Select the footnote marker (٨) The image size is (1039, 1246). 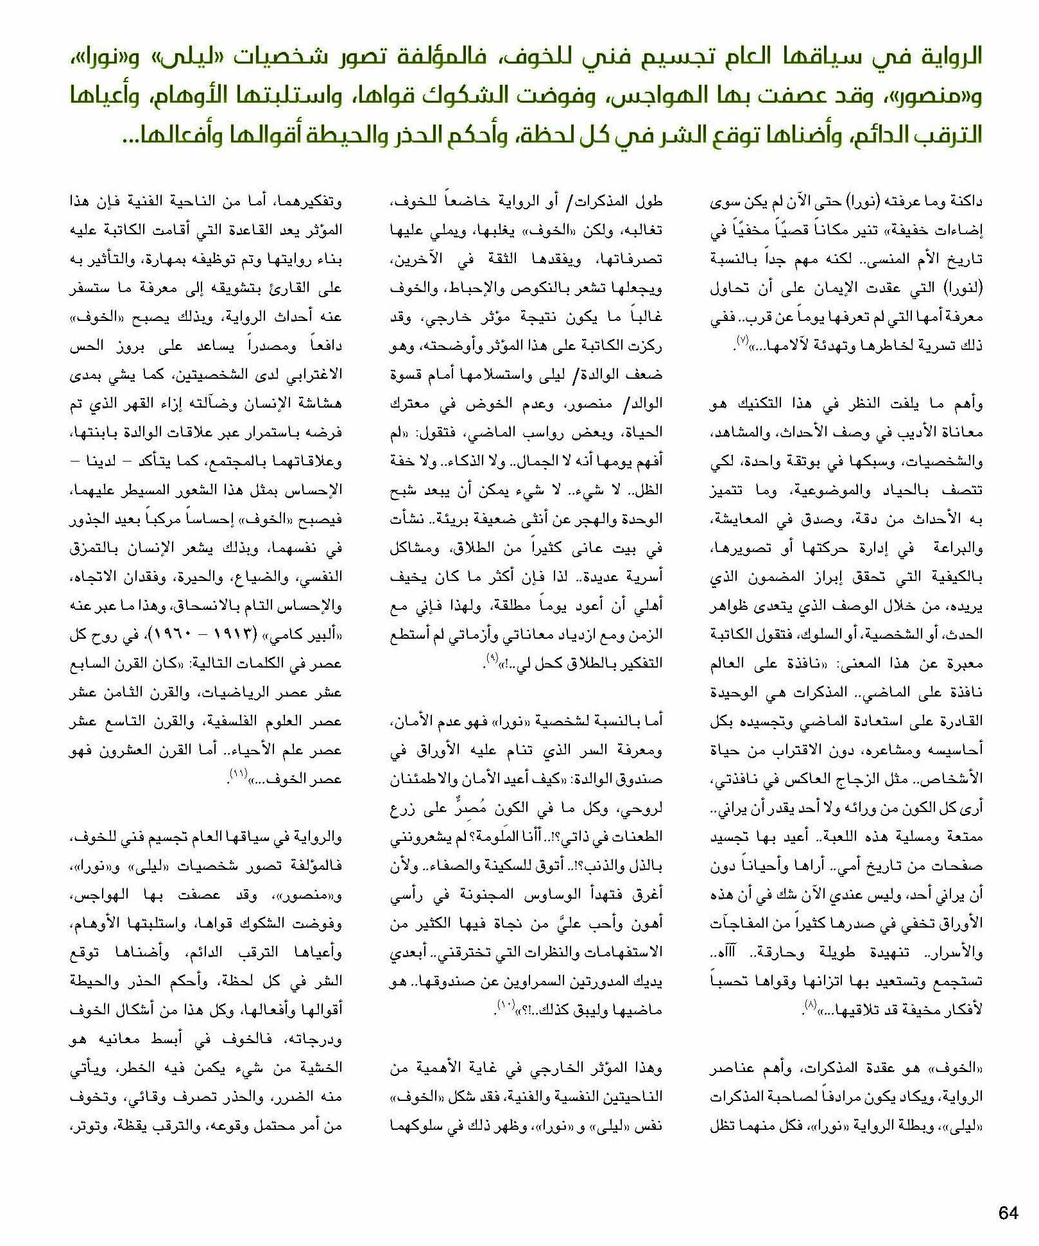pos(811,1006)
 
